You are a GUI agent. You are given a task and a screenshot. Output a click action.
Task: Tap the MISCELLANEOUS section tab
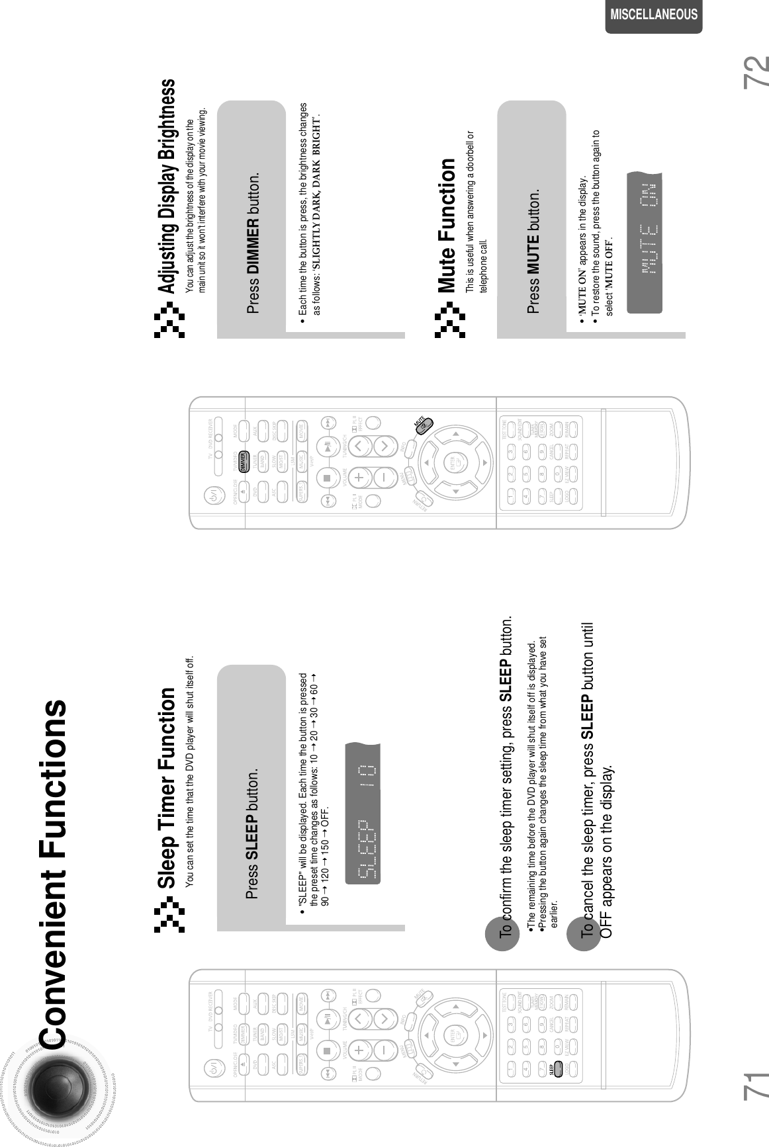[x=653, y=15]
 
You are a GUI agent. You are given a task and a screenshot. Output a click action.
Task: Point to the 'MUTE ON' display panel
[x=644, y=243]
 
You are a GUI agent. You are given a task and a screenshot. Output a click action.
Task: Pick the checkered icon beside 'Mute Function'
[x=450, y=320]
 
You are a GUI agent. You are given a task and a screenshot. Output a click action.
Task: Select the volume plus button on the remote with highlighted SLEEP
[x=358, y=1048]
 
